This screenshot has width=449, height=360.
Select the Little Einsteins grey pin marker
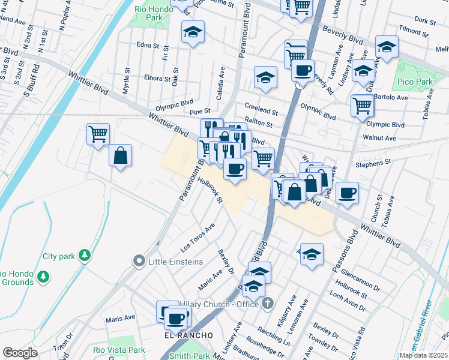point(140,262)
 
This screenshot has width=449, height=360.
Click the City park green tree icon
point(85,256)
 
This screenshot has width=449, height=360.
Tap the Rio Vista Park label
point(119,350)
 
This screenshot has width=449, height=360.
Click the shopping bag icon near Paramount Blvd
point(121,156)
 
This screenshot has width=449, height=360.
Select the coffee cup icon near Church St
point(347,193)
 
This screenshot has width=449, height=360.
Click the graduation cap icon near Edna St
point(193,32)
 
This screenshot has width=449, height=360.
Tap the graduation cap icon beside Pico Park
point(387,47)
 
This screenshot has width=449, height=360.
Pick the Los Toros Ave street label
point(198,238)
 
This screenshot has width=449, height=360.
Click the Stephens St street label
point(372,162)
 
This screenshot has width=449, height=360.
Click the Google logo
point(20,353)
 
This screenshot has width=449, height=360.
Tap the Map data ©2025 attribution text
point(423,355)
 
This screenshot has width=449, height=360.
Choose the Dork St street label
point(424,20)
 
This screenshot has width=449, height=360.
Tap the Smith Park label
point(186,356)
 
